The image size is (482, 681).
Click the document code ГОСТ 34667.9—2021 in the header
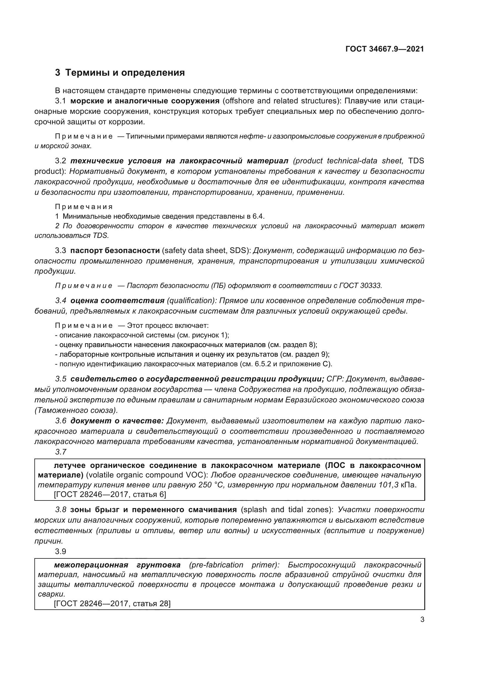(385, 49)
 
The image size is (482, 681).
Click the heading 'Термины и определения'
(125, 73)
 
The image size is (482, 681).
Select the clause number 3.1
(60, 101)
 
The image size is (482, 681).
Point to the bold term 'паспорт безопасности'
(115, 251)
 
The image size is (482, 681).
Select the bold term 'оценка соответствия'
(117, 300)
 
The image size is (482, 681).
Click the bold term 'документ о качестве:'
(117, 421)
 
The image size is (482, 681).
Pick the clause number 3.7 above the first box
(61, 452)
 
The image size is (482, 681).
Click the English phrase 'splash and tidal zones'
(287, 510)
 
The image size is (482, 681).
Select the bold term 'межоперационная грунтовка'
(117, 565)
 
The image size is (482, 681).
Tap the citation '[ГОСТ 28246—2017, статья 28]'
(112, 603)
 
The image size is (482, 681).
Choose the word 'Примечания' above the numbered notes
(84, 207)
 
